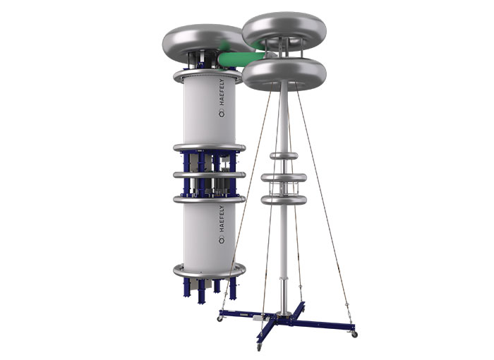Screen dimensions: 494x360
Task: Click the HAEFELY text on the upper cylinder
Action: (x=222, y=92)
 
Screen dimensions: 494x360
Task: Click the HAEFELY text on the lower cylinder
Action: (x=222, y=219)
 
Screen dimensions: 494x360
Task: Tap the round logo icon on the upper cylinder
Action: (x=222, y=114)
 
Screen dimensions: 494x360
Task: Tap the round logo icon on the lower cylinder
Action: (x=222, y=240)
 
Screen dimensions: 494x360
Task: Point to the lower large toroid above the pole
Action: (x=284, y=75)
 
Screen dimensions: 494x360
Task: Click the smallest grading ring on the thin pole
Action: (x=284, y=155)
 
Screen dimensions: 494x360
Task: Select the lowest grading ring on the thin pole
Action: (x=284, y=200)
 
